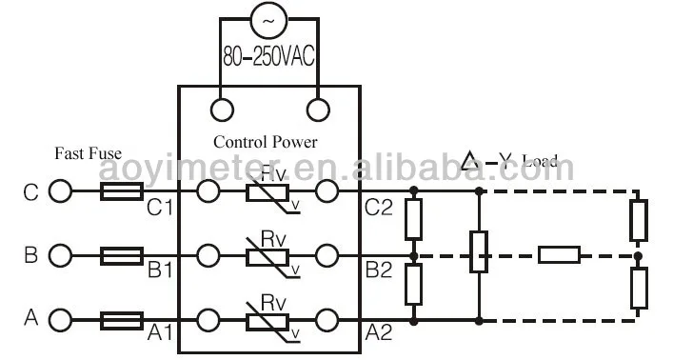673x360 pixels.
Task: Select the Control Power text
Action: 265,142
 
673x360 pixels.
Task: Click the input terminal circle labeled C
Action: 61,192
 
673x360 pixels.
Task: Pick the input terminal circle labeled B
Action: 61,255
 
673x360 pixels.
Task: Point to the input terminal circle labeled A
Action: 61,318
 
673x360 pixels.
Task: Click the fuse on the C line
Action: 122,192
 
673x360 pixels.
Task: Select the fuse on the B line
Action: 122,255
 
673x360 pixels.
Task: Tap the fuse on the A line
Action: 122,318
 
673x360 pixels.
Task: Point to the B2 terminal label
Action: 379,270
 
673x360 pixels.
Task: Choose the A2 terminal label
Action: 379,332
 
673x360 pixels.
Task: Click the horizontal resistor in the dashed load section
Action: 559,255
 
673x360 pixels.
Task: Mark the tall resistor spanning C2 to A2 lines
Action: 478,255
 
